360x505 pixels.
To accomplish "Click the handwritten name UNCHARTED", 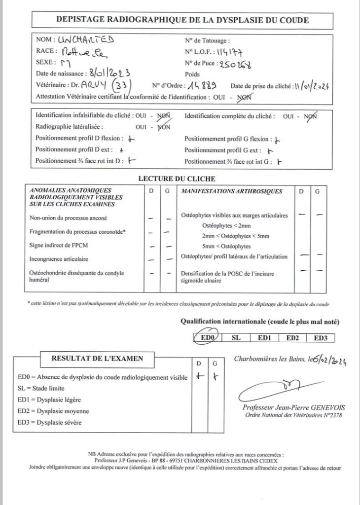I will click(86, 40).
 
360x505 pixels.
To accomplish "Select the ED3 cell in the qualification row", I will click(320, 338).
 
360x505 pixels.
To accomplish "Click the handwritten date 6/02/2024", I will click(330, 361).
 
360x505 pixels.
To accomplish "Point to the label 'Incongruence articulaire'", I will click(59, 258).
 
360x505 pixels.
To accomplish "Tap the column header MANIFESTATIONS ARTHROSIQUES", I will click(232, 191).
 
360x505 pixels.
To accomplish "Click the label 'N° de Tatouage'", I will click(207, 40).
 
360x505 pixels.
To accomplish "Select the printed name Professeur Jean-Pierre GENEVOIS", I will click(294, 407).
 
